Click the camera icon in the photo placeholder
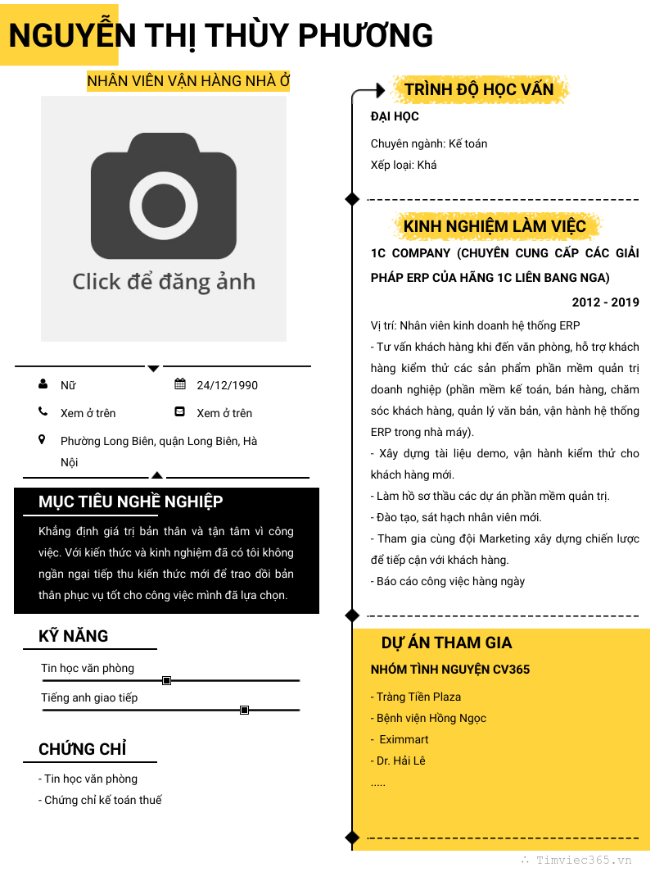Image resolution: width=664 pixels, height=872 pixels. click(x=164, y=195)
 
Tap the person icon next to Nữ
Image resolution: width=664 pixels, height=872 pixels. click(x=43, y=384)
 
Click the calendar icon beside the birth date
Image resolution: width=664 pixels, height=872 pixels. click(x=180, y=384)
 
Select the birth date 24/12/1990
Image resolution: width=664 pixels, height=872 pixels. click(x=227, y=385)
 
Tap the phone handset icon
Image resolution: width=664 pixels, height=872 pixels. click(x=43, y=412)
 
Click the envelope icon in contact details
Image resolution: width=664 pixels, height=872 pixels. click(x=180, y=412)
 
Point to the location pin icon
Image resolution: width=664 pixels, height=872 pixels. click(x=43, y=440)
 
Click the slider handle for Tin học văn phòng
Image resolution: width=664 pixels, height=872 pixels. click(x=167, y=680)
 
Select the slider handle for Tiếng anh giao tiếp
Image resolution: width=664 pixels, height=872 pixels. click(x=244, y=710)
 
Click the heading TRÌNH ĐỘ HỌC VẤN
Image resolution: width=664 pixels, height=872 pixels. click(x=479, y=89)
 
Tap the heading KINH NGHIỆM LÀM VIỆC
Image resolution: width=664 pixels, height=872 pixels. click(x=495, y=226)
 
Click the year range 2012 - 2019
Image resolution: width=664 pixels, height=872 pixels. click(x=605, y=302)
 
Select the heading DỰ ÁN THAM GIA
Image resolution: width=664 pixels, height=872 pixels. click(x=446, y=643)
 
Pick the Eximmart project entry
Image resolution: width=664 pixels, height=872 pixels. click(x=403, y=739)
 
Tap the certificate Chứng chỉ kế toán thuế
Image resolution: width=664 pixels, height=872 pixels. click(x=100, y=800)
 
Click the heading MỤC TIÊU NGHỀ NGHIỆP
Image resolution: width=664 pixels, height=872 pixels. click(x=131, y=502)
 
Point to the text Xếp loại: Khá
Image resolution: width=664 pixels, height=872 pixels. click(x=404, y=165)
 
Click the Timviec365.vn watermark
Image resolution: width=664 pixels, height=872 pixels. click(x=576, y=860)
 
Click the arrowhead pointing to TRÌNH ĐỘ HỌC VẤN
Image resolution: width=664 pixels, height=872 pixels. click(x=378, y=89)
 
